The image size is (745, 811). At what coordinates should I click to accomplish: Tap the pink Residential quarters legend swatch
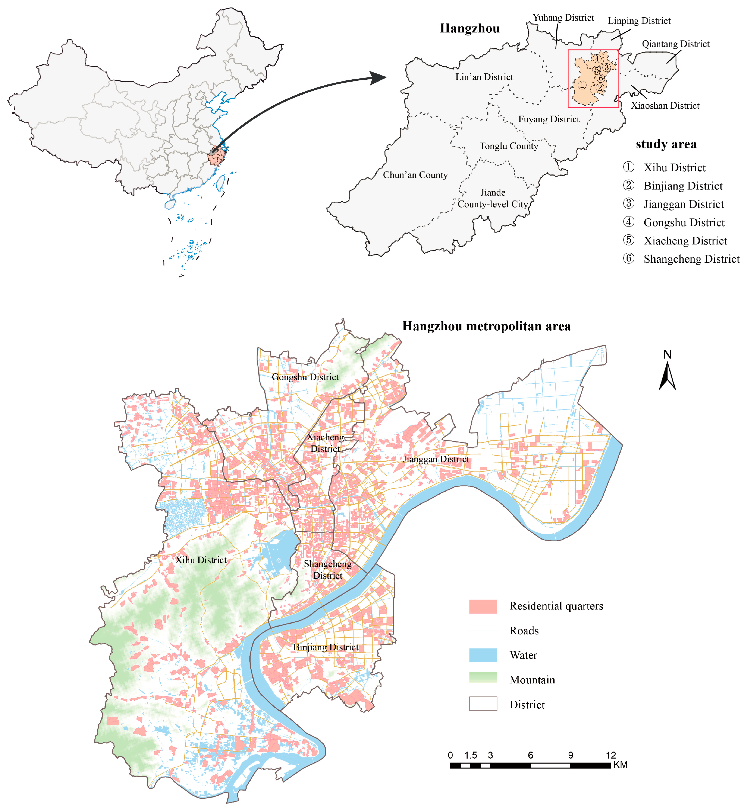point(483,606)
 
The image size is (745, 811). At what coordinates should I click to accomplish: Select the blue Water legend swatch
point(483,655)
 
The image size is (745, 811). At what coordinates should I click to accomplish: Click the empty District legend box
point(483,704)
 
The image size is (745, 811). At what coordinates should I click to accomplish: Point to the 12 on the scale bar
point(611,755)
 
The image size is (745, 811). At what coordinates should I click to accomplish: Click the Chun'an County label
point(415,175)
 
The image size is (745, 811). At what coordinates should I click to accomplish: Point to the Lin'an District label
point(484,77)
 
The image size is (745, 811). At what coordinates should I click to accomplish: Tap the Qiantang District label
point(676,44)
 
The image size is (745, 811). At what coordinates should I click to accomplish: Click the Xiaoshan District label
point(665,106)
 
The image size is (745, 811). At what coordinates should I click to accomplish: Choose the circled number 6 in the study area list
point(629,258)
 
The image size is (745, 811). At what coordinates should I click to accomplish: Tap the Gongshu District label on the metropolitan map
point(305,377)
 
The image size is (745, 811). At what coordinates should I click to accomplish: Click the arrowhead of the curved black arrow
point(379,78)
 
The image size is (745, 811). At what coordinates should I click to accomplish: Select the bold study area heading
point(666,144)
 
